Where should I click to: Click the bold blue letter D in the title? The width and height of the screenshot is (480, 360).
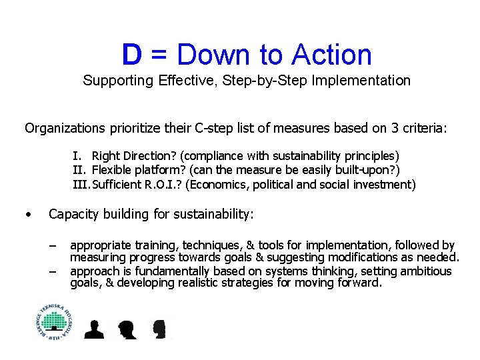click(x=131, y=55)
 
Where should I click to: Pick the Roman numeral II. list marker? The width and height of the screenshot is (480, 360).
click(x=79, y=170)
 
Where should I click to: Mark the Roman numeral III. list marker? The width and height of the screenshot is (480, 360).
click(x=81, y=184)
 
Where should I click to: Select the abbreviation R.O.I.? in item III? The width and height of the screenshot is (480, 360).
click(x=161, y=184)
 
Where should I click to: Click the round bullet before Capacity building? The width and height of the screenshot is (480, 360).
click(x=27, y=215)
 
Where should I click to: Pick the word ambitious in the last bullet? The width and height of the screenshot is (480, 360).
click(x=426, y=271)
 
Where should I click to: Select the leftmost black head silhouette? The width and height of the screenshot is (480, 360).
click(x=94, y=329)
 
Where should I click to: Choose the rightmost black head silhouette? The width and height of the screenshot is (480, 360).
click(x=159, y=329)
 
